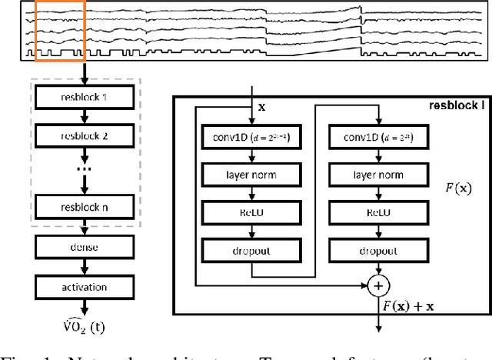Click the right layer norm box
(x=377, y=175)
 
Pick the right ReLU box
(x=377, y=212)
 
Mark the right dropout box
(x=377, y=249)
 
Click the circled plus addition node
(x=377, y=285)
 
